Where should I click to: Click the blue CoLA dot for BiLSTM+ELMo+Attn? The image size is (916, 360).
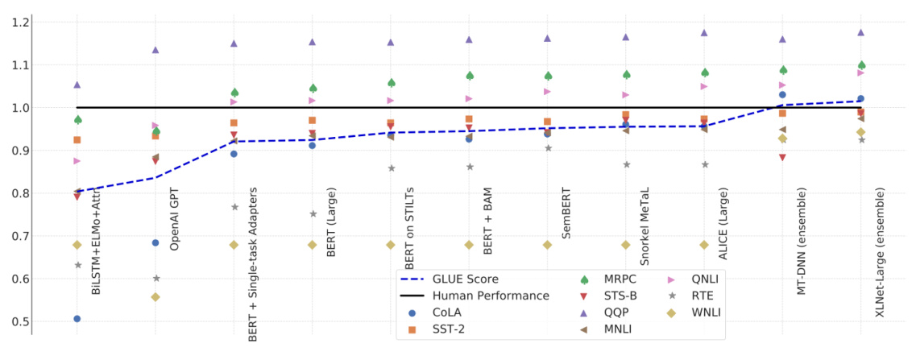77,319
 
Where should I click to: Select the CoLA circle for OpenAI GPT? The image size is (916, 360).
155,242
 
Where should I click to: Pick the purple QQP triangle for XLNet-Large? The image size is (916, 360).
860,33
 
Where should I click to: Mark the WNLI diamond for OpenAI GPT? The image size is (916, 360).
155,297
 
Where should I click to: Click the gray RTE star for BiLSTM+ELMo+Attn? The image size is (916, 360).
77,265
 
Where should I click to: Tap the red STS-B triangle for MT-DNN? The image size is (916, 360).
782,158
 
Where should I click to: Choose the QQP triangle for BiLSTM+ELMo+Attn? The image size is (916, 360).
77,85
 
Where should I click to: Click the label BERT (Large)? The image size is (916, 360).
331,221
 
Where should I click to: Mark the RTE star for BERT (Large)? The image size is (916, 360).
313,214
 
